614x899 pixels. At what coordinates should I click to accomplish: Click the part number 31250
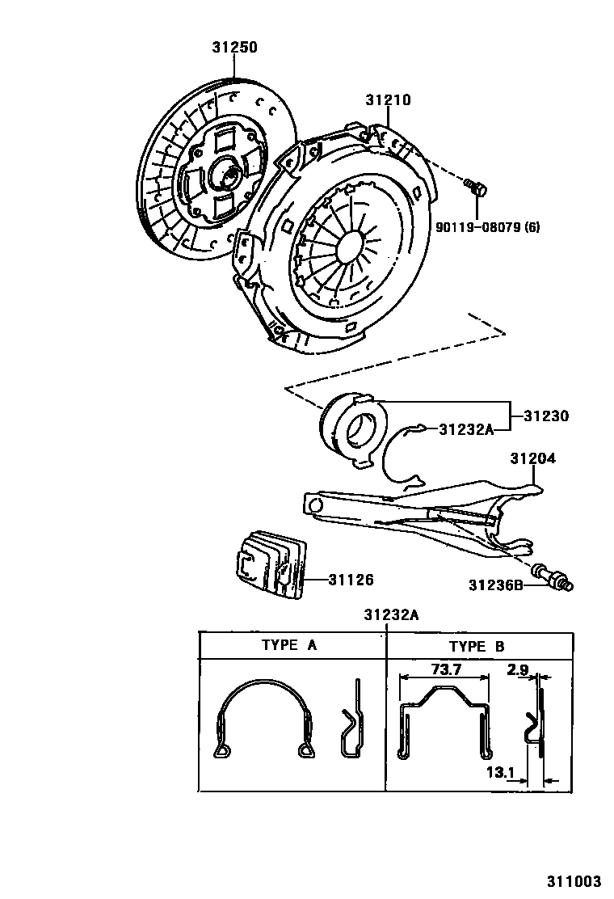coord(234,48)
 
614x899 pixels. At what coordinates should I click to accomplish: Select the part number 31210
coord(388,101)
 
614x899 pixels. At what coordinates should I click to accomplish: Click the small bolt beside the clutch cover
coord(477,188)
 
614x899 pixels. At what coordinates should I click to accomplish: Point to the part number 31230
coord(545,417)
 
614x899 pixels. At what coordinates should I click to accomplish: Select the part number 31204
coord(532,458)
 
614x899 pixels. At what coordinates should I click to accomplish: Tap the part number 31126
coord(351,579)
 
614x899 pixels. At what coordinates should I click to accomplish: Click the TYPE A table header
coord(288,646)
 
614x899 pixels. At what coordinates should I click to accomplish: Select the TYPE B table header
coord(477,646)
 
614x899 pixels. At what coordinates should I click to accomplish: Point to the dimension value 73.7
coord(446,669)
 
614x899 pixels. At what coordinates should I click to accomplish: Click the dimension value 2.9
coord(519,669)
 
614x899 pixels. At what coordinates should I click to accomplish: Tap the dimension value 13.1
coord(502,773)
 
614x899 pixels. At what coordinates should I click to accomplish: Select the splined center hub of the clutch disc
coord(225,174)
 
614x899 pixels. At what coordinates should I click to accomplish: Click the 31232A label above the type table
coord(390,615)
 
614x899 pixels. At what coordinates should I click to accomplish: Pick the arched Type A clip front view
coord(263,718)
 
